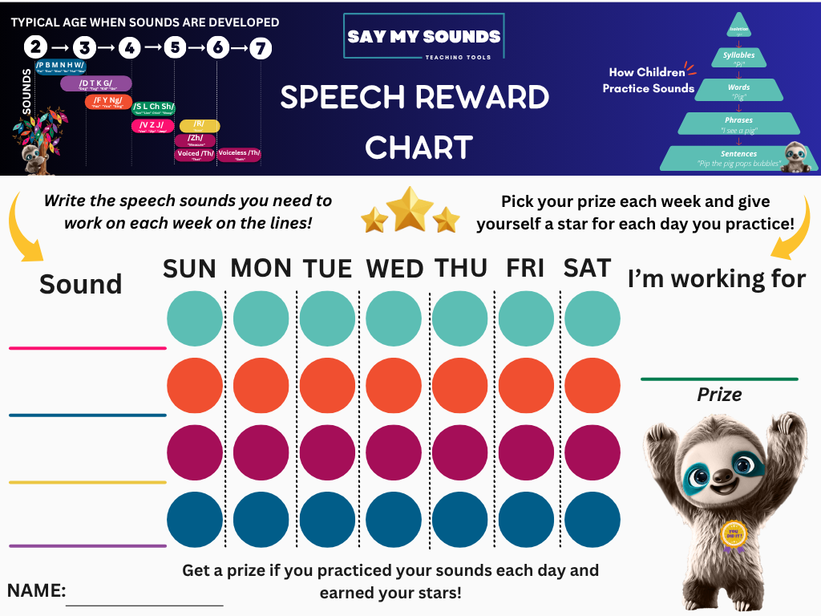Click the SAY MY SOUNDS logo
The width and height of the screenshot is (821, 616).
423,36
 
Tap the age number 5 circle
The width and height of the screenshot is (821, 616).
175,47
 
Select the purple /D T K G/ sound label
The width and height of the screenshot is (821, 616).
95,83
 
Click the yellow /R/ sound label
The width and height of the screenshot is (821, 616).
200,125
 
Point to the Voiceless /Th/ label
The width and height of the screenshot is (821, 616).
239,154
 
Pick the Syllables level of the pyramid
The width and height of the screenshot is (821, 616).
738,57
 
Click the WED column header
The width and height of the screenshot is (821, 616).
395,269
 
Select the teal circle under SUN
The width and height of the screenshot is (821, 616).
195,318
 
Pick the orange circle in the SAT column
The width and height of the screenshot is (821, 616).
592,385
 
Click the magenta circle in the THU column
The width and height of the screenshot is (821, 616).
460,452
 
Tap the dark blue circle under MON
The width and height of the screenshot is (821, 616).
261,519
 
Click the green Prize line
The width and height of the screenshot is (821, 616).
719,379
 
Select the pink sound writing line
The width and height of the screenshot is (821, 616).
87,348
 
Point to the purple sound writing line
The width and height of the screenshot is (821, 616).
87,546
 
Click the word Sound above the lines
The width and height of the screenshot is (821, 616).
80,284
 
